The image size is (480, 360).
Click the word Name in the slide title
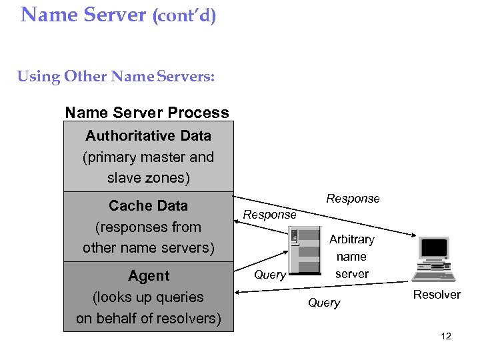[50, 14]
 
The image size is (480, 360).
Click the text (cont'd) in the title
[184, 15]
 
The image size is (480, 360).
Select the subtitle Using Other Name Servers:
[116, 77]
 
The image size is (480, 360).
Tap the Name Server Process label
[147, 113]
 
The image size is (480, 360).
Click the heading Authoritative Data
[148, 136]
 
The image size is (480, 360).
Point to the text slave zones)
[148, 179]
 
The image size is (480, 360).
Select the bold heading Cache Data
[148, 206]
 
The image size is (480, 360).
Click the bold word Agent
[148, 276]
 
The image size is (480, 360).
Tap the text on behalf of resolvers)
[148, 319]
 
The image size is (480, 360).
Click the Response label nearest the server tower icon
[269, 215]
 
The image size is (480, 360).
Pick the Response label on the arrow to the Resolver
[353, 199]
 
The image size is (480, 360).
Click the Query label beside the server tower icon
[270, 275]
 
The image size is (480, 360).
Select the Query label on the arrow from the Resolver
[324, 303]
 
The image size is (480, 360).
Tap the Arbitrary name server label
[351, 256]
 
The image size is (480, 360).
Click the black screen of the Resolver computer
[435, 248]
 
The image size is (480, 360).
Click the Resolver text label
[437, 295]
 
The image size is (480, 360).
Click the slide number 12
[446, 336]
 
